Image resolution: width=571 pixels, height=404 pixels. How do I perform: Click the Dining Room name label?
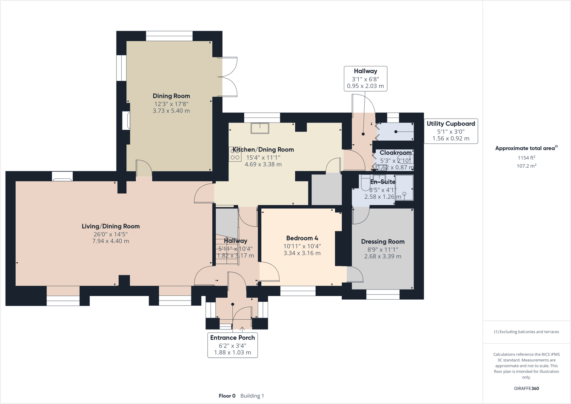click(171, 96)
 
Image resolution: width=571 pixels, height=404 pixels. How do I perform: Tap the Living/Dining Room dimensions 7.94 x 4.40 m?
click(111, 241)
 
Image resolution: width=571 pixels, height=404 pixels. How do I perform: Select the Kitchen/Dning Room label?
click(263, 149)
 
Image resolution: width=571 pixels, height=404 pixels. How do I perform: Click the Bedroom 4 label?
click(302, 238)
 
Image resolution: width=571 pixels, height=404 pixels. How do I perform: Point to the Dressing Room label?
click(383, 241)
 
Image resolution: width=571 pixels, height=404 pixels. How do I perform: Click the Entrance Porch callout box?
click(232, 345)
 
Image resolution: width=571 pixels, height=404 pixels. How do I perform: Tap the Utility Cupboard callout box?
click(451, 131)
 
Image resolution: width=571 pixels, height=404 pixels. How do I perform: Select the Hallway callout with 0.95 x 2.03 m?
click(365, 78)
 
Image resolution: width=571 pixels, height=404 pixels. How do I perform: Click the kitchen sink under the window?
click(260, 128)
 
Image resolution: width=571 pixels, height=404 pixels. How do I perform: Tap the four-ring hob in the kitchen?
click(235, 154)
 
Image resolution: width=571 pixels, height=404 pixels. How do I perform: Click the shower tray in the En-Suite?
click(405, 187)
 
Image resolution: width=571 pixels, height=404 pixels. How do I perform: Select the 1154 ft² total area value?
click(526, 158)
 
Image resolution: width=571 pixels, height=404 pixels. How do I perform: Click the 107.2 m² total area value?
click(526, 166)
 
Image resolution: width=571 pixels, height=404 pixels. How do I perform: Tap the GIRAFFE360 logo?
click(526, 388)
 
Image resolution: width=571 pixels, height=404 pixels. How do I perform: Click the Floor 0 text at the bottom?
click(227, 396)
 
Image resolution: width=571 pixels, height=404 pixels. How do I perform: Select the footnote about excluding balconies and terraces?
click(526, 332)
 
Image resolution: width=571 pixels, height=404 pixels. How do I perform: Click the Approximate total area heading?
click(526, 148)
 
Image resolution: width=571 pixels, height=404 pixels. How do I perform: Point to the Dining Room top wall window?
click(169, 36)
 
